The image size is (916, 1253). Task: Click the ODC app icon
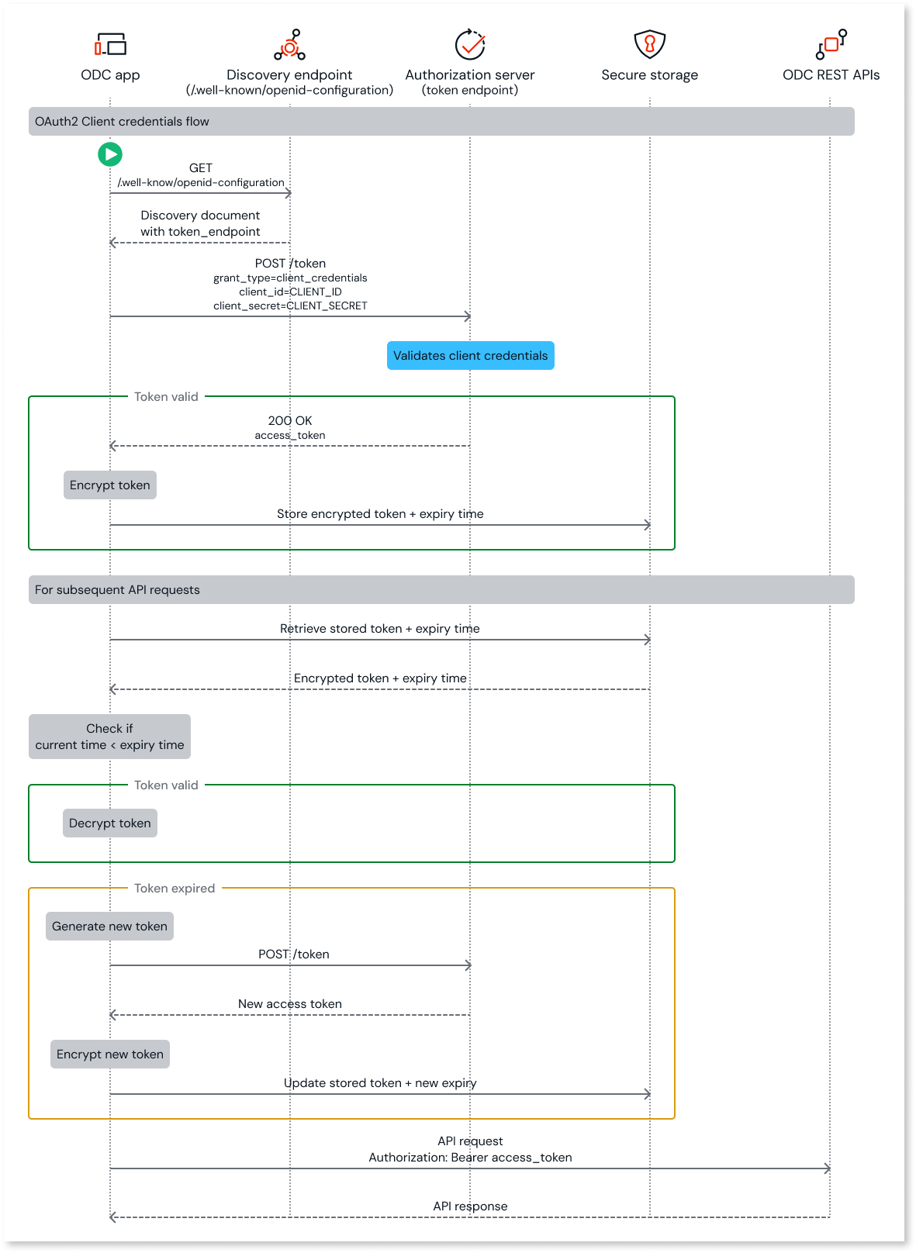coord(110,44)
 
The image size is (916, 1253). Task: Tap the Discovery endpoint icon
coord(289,45)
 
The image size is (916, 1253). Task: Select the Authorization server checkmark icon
coord(470,45)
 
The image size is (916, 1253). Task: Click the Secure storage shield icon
coord(650,44)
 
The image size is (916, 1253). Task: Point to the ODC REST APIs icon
coord(831,44)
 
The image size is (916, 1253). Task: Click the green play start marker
coord(110,154)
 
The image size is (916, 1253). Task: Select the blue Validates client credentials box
coord(470,356)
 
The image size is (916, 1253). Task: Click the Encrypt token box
coord(110,485)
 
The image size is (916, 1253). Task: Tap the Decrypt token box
coord(110,823)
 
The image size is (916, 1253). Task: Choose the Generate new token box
coord(109,927)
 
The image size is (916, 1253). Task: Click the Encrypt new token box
coord(110,1055)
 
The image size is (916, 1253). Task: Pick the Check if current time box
coord(109,737)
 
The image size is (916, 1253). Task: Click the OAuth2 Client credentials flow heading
coord(122,122)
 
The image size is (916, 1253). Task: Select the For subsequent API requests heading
coord(117,590)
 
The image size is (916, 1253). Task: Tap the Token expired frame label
coord(175,889)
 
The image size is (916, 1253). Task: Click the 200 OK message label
coord(290,421)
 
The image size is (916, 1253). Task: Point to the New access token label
coord(290,1004)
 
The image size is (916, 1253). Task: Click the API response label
coord(470,1206)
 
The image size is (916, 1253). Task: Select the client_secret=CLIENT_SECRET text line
coord(290,306)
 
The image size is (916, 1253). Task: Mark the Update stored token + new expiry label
coord(380,1083)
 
